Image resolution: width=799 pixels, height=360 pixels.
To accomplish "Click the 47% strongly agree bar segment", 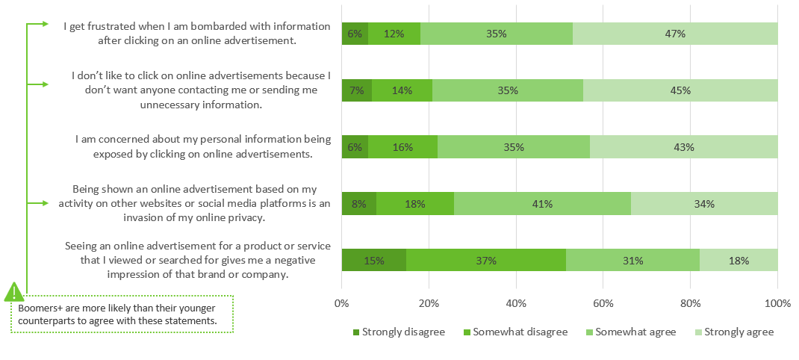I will [x=675, y=34].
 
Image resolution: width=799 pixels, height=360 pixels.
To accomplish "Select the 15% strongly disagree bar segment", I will [x=373, y=260].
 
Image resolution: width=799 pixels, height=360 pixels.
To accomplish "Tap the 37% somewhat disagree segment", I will [x=486, y=260].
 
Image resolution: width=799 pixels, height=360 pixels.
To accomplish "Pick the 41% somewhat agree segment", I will [x=542, y=204].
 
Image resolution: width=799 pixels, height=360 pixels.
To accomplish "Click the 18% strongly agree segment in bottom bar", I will [x=739, y=260].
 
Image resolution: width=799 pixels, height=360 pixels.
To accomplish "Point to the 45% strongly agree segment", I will [x=680, y=90].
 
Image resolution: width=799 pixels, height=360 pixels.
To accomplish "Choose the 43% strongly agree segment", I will [x=683, y=147].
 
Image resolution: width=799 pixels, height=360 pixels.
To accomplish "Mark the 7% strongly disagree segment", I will [x=356, y=90].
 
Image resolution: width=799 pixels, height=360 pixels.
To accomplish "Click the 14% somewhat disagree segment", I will [x=402, y=90].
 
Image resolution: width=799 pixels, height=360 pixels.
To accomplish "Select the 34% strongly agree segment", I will [x=704, y=204].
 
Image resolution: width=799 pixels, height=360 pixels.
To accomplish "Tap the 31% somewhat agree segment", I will [x=632, y=260].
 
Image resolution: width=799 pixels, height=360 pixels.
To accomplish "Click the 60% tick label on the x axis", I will [x=603, y=304].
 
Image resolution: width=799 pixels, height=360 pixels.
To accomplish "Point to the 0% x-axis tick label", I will [x=341, y=304].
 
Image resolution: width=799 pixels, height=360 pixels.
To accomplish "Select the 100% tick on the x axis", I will [x=777, y=304].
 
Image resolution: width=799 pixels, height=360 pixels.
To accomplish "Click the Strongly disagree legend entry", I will [x=398, y=332].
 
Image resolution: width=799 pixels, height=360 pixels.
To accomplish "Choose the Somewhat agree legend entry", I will [x=631, y=332].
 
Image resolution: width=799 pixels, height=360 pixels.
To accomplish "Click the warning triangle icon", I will [x=14, y=292].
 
